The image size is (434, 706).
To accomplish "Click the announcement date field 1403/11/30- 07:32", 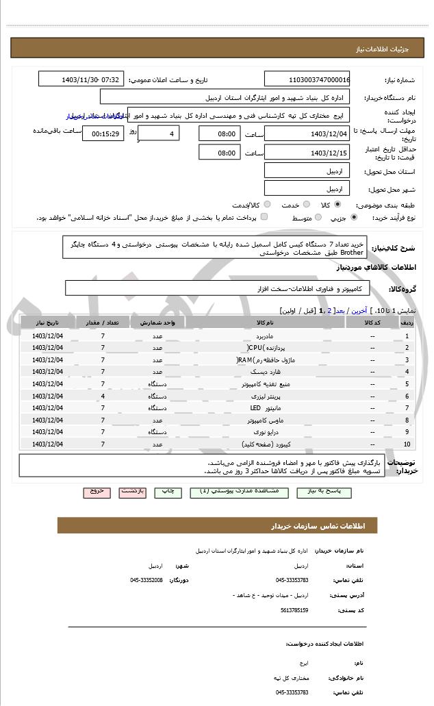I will (81, 79).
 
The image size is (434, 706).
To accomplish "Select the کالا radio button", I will (337, 204).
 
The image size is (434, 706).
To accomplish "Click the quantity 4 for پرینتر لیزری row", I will (103, 396).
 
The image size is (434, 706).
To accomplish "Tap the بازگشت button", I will (132, 492).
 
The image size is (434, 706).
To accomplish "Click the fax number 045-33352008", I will (146, 580).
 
